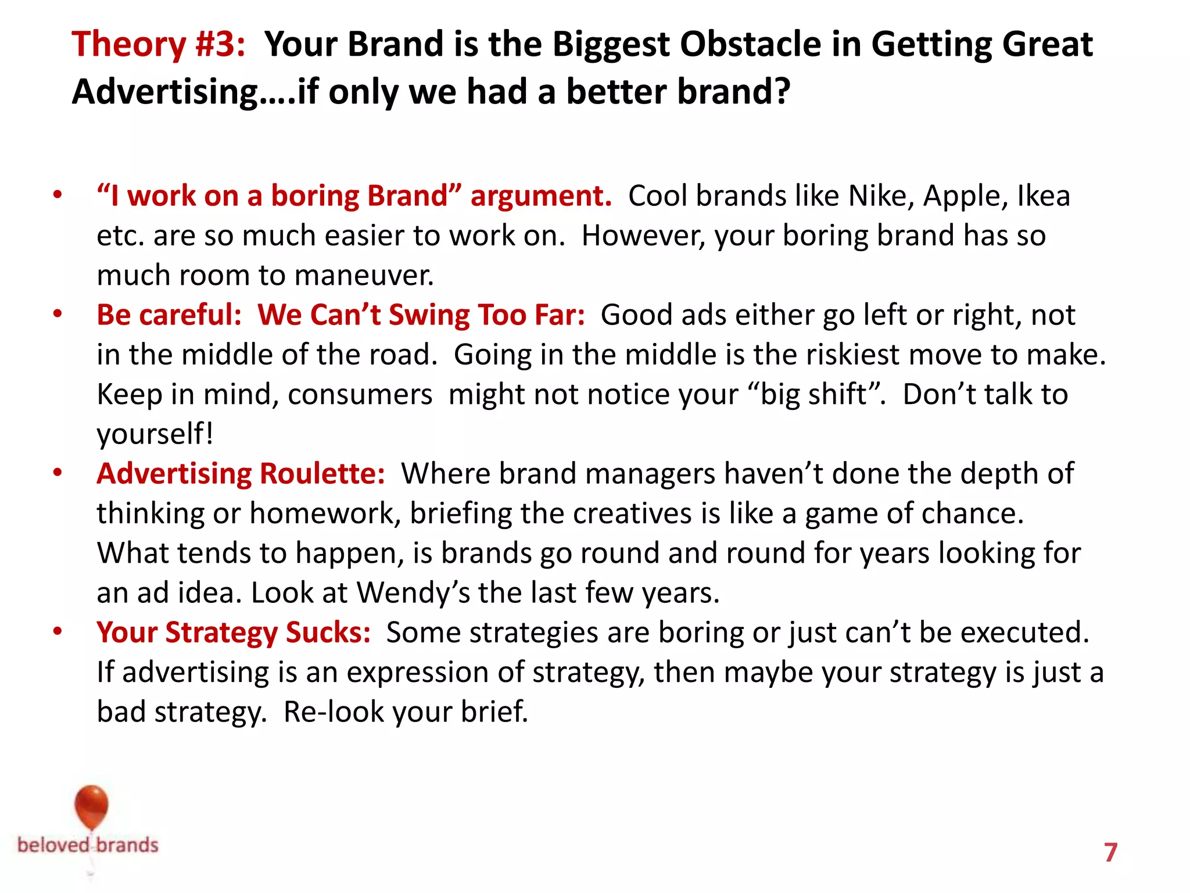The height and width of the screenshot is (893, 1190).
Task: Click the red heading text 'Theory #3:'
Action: point(158,44)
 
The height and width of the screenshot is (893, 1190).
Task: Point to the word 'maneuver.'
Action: point(364,275)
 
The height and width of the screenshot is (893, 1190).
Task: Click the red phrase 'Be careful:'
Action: point(169,315)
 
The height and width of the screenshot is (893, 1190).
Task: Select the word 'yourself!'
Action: point(155,434)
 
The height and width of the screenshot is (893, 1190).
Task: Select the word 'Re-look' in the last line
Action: point(334,712)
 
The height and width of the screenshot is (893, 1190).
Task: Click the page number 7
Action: point(1110,852)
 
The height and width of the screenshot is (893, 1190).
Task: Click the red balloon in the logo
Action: point(92,806)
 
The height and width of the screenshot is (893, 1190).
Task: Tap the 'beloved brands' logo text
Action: point(88,845)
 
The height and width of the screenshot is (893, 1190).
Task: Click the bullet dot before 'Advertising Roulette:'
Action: point(57,473)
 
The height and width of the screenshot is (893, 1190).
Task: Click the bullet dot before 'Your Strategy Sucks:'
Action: point(57,631)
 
